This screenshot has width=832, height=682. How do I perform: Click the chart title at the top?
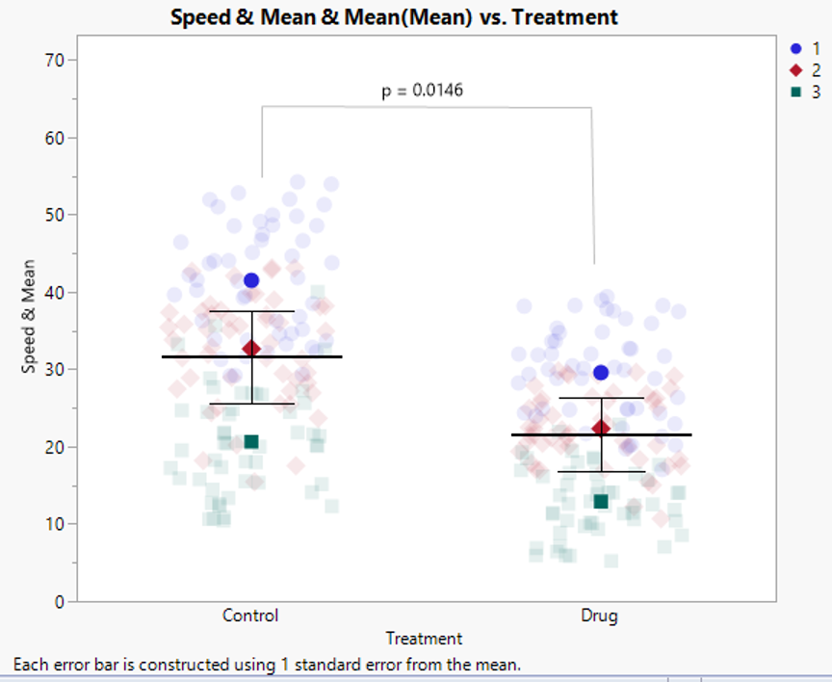tap(394, 16)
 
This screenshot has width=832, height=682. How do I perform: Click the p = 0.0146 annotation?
tap(425, 91)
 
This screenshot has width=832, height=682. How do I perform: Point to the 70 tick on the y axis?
tap(53, 60)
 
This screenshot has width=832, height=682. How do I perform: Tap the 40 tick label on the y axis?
tap(53, 292)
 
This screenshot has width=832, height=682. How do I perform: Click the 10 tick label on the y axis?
tap(53, 524)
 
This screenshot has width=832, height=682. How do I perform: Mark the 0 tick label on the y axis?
tap(58, 602)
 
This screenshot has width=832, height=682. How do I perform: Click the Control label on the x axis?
tap(250, 616)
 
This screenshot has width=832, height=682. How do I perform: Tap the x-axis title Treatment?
tap(424, 638)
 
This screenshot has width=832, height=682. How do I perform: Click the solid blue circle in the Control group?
tap(251, 280)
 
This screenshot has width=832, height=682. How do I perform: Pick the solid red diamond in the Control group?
tap(251, 348)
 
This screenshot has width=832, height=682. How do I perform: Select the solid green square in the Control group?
tap(251, 441)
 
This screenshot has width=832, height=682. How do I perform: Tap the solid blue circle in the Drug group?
tap(601, 372)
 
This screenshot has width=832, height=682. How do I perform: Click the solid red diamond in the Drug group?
tap(601, 428)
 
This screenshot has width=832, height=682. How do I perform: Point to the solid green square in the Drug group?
tap(601, 501)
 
